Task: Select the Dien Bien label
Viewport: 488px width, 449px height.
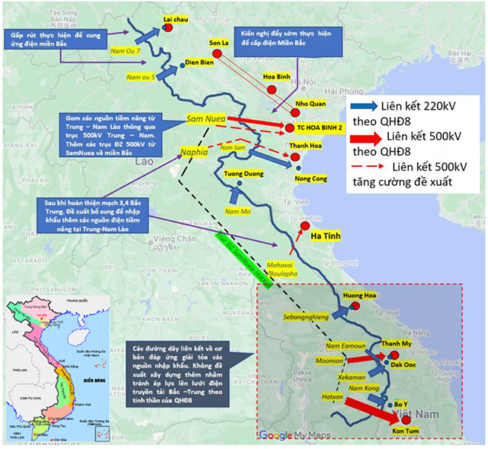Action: (x=200, y=63)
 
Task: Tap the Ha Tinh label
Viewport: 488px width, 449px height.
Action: (x=326, y=238)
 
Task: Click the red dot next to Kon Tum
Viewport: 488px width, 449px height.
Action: (x=406, y=420)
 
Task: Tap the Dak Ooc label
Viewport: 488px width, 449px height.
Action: (x=403, y=365)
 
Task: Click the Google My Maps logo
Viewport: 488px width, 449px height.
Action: (x=291, y=435)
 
